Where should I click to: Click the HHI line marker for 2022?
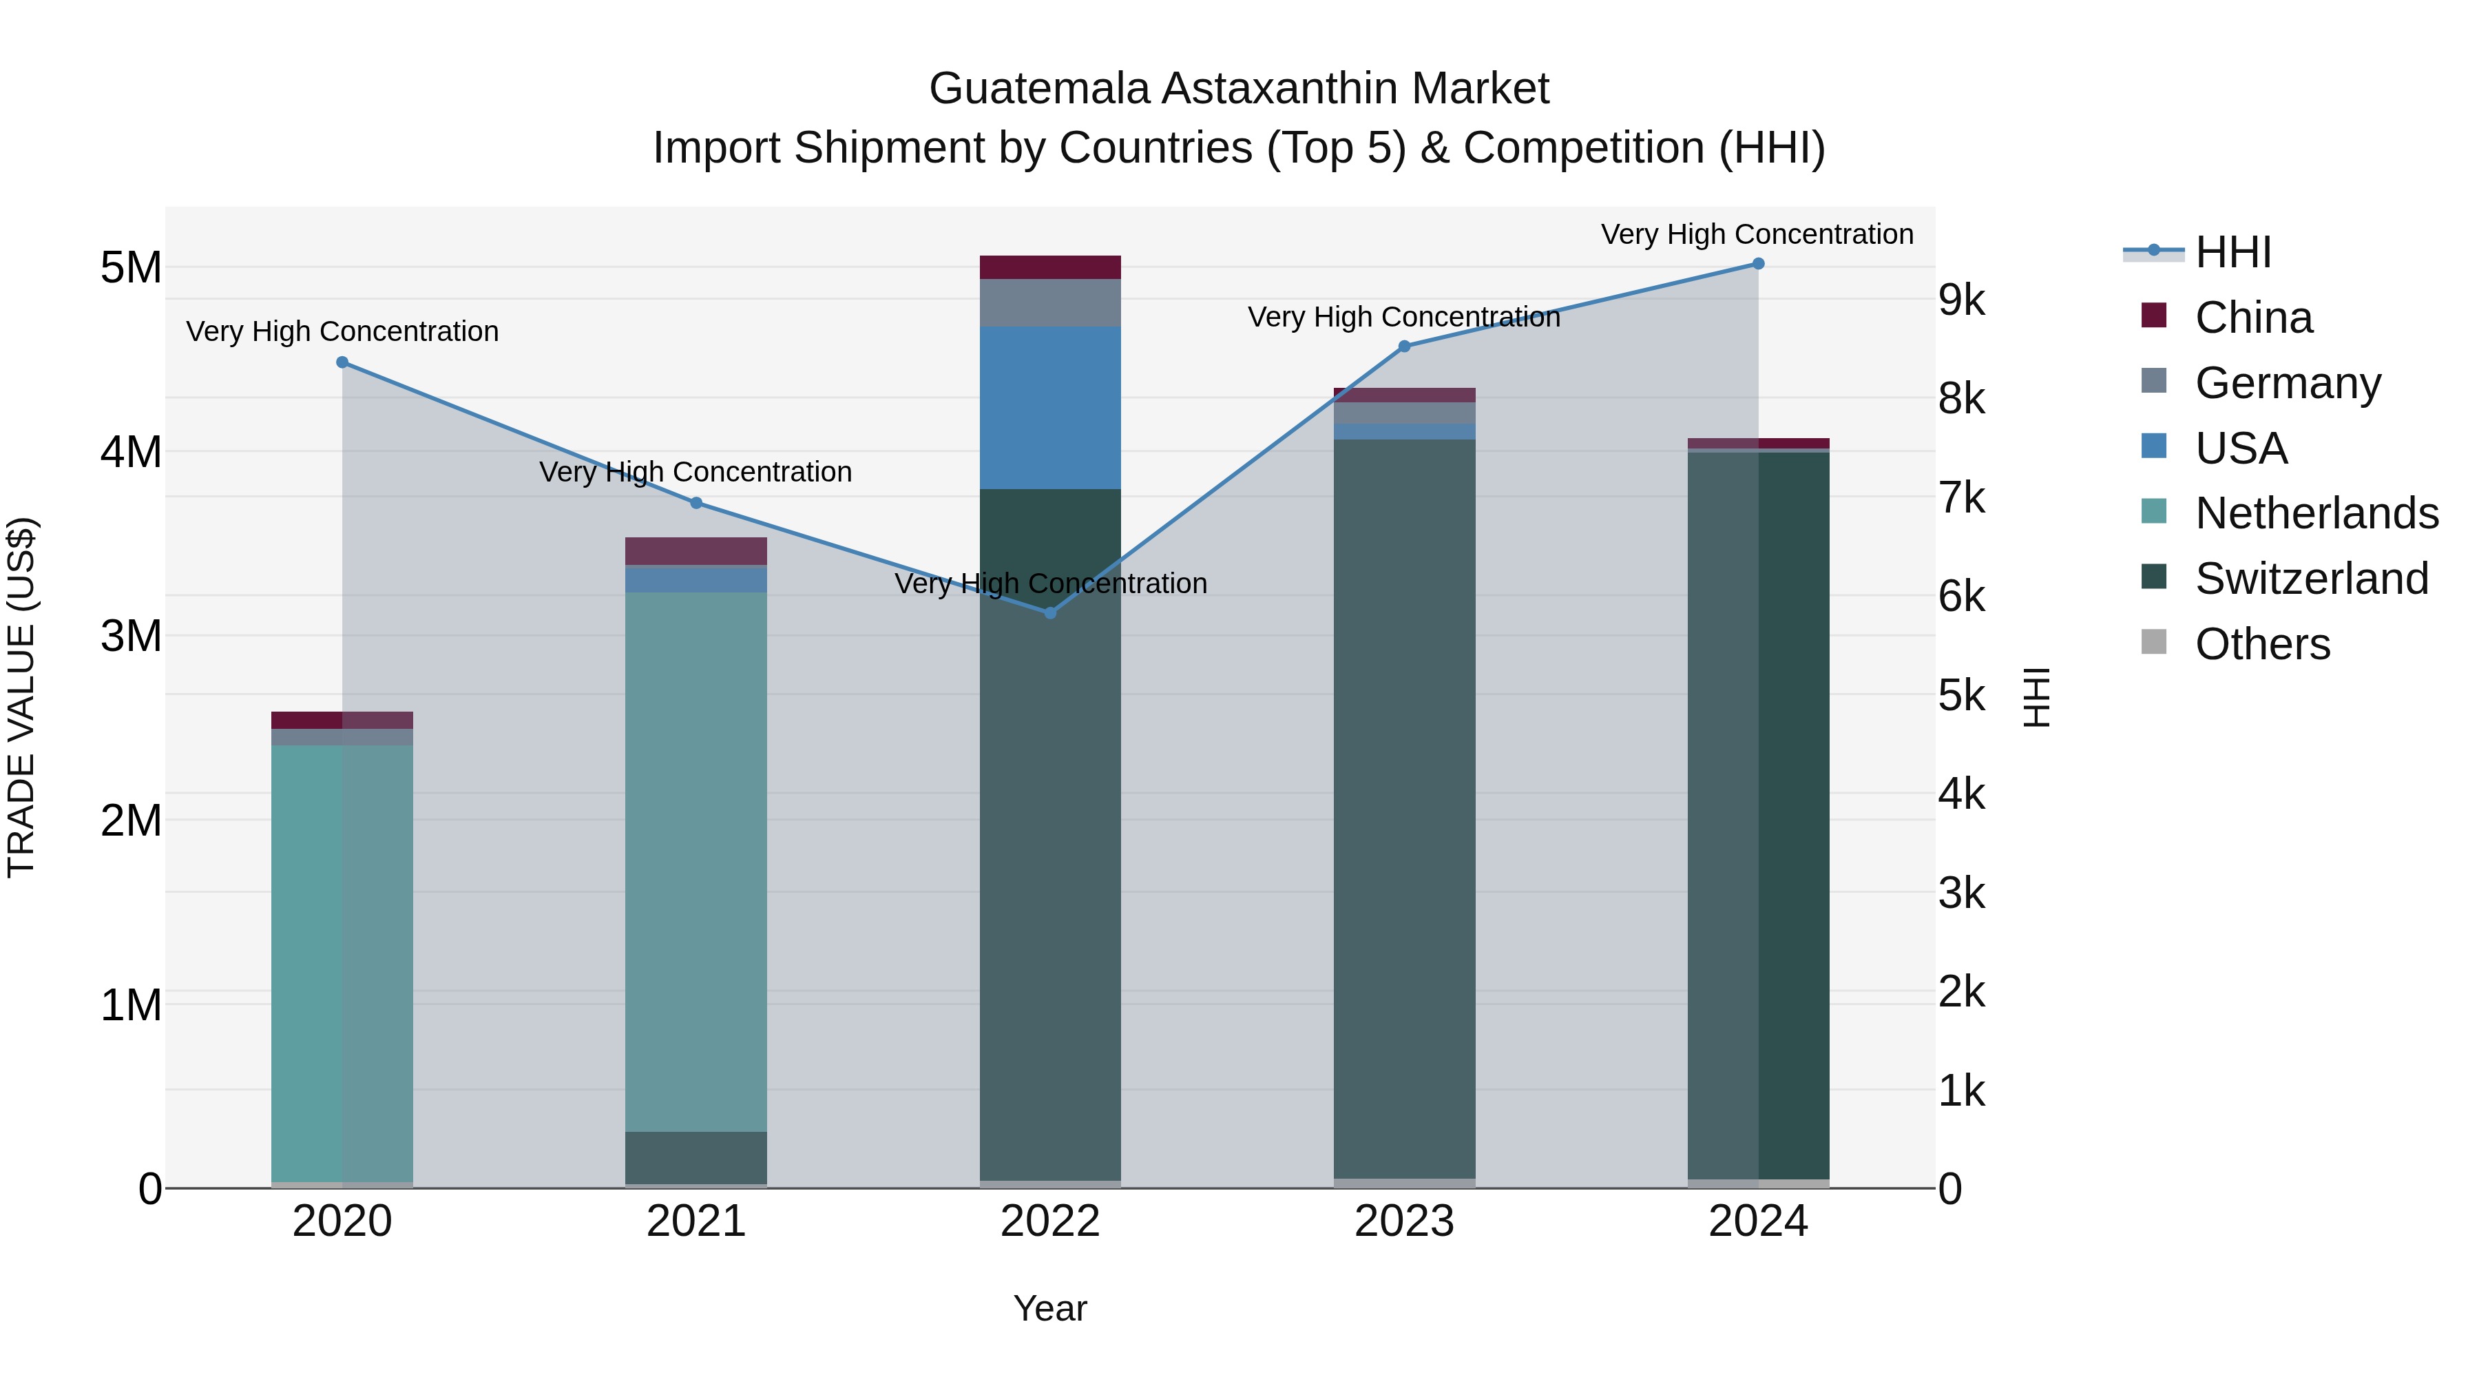click(x=1050, y=612)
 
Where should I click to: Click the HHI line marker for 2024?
click(x=1758, y=264)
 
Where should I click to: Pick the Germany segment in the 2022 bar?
click(x=1050, y=302)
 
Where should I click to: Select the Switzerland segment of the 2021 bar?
click(x=695, y=1157)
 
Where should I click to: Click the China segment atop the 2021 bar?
click(x=695, y=550)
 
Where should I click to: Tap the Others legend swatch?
click(x=2154, y=642)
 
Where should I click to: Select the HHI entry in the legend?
click(x=2232, y=252)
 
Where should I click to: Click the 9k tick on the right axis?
click(x=1961, y=300)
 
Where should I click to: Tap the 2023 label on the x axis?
click(x=1404, y=1221)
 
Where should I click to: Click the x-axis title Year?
click(x=1050, y=1308)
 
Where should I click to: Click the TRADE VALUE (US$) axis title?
click(x=21, y=697)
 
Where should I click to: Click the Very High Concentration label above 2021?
click(x=695, y=472)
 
